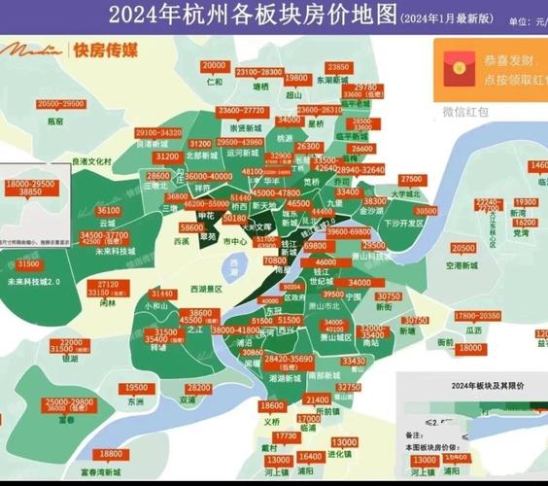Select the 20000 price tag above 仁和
point(214,66)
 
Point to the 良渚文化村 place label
point(93,161)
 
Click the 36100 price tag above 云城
point(109,209)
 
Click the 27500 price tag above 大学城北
point(411,180)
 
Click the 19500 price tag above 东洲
point(136,388)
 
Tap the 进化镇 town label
point(340,453)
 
